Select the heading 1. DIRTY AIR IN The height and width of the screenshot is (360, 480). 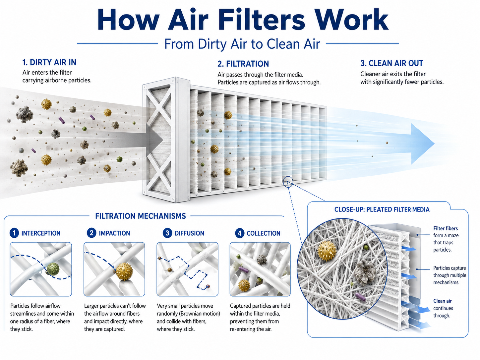click(x=49, y=62)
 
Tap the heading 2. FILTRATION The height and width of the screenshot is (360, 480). click(x=243, y=64)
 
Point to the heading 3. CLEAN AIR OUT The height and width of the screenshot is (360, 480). click(x=391, y=63)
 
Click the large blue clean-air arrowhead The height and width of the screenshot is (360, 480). click(x=421, y=144)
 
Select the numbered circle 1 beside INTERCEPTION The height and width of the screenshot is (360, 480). click(x=14, y=233)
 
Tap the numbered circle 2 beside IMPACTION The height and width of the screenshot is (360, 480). click(x=91, y=233)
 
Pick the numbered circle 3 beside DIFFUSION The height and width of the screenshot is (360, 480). click(x=167, y=233)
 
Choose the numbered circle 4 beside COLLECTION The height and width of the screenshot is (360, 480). click(x=240, y=233)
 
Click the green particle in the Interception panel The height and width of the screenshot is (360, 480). click(x=53, y=269)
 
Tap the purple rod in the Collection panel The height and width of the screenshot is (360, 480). click(x=243, y=270)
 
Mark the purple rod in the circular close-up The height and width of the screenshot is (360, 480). click(x=360, y=297)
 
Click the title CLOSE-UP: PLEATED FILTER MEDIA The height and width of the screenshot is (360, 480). click(x=382, y=210)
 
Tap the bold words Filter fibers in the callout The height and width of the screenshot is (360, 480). click(x=446, y=228)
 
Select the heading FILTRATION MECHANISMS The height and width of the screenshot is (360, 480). click(x=141, y=216)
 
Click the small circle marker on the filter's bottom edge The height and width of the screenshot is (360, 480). click(x=288, y=182)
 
